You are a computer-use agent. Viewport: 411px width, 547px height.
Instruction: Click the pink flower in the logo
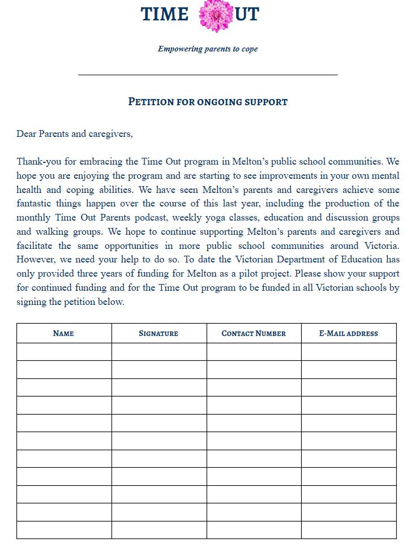216,15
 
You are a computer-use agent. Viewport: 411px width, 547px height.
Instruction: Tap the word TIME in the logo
164,14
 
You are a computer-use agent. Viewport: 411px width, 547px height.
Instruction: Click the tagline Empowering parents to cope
208,49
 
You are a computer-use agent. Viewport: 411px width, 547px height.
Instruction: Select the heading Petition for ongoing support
208,102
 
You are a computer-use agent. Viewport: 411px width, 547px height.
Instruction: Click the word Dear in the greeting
26,134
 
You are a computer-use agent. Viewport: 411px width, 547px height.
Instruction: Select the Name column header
63,333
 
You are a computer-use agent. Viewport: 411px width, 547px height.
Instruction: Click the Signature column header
159,333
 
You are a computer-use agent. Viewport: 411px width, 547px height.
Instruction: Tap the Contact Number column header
254,333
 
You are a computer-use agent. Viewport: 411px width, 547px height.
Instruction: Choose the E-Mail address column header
349,333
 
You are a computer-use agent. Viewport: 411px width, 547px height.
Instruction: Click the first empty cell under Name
64,352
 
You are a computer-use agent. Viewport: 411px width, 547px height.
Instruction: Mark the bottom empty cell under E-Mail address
349,530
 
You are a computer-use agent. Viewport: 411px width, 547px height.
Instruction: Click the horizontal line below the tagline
208,74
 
